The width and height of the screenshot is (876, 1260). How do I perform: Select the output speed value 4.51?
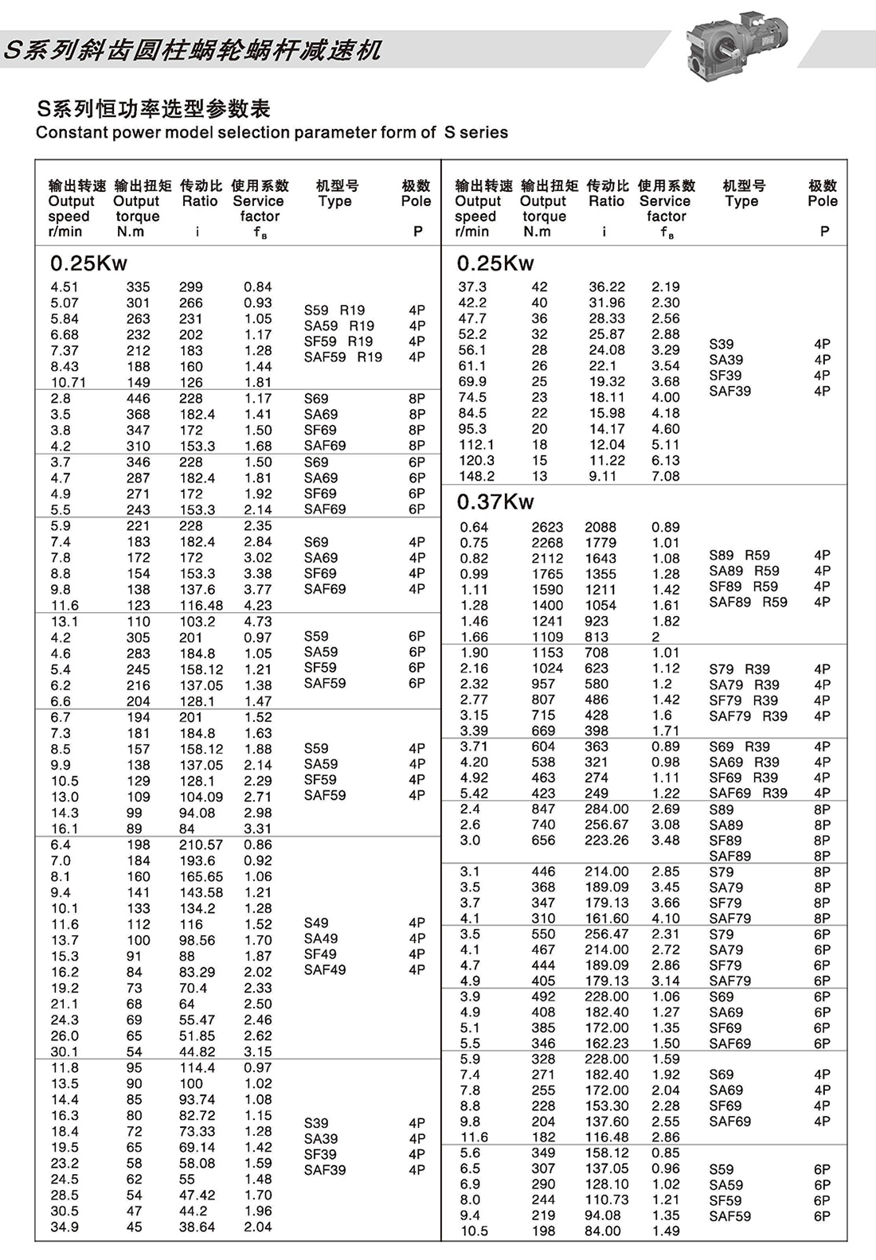pyautogui.click(x=64, y=287)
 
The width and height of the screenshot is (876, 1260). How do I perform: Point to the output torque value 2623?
pyautogui.click(x=547, y=527)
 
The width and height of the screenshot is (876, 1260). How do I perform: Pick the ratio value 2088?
pyautogui.click(x=600, y=527)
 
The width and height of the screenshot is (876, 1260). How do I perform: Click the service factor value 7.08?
pyautogui.click(x=665, y=476)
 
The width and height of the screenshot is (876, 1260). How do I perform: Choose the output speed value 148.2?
pyautogui.click(x=476, y=476)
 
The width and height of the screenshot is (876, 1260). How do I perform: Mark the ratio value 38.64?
pyautogui.click(x=197, y=1227)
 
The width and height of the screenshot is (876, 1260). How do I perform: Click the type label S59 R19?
pyautogui.click(x=334, y=310)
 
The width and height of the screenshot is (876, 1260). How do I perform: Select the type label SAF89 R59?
pyautogui.click(x=748, y=602)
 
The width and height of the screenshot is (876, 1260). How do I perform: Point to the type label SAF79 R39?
pyautogui.click(x=748, y=716)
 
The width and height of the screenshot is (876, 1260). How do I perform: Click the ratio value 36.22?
pyautogui.click(x=607, y=287)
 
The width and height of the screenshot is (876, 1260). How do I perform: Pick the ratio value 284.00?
pyautogui.click(x=606, y=809)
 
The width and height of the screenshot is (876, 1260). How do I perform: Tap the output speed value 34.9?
pyautogui.click(x=65, y=1227)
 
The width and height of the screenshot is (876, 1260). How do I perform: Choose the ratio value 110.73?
pyautogui.click(x=606, y=1200)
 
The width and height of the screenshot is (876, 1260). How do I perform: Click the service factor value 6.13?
pyautogui.click(x=665, y=460)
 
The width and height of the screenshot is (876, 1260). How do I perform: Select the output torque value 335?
pyautogui.click(x=138, y=287)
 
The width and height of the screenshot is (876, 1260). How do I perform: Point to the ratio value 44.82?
pyautogui.click(x=197, y=1051)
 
